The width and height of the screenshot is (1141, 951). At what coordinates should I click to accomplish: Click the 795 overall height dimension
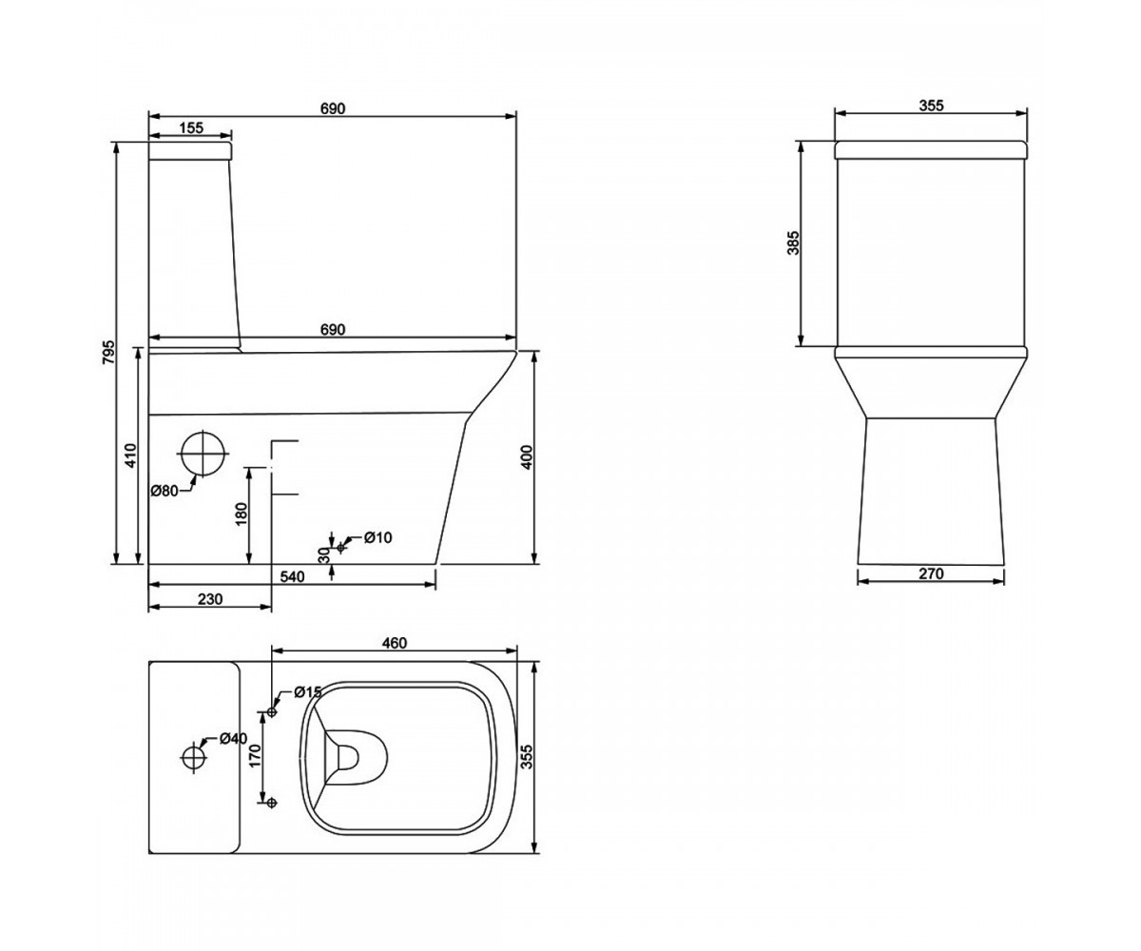coord(109,353)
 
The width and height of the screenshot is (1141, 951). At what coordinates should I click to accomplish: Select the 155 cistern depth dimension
coord(191,127)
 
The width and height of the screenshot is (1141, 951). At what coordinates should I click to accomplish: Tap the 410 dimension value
coord(130,456)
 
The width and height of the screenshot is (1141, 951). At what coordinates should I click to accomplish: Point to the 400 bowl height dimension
coord(526,456)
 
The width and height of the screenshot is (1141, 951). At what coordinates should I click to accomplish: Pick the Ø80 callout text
coord(164,491)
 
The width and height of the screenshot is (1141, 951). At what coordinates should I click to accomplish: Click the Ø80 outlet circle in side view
coord(203,454)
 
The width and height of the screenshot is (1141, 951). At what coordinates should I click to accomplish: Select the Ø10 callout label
coord(378,538)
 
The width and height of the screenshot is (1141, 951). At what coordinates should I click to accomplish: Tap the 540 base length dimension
coord(292,577)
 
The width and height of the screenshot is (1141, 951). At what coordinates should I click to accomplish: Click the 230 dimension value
coord(210,599)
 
